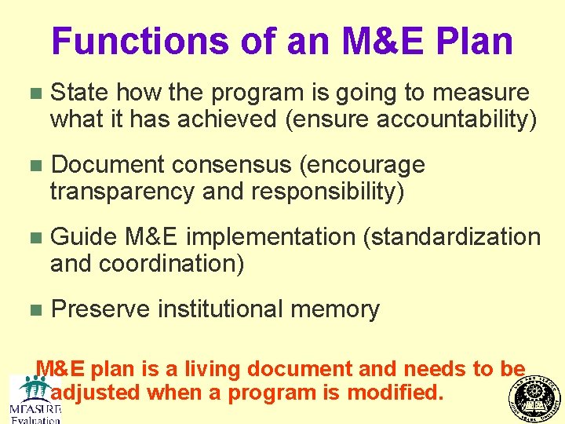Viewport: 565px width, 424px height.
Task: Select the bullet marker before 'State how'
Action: (31, 93)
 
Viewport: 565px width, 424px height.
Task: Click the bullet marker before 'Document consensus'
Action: (31, 166)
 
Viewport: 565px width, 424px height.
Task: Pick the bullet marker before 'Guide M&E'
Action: (31, 237)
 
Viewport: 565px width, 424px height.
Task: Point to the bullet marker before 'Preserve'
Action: (31, 310)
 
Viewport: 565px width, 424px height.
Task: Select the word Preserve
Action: (100, 309)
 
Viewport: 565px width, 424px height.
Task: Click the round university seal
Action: (536, 397)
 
